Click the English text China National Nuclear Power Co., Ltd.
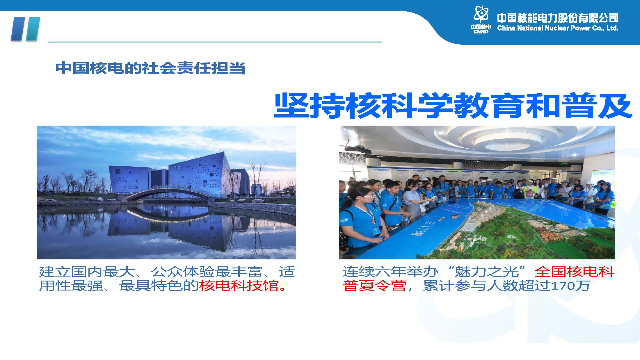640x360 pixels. click(558, 28)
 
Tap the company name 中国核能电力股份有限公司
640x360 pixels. click(558, 18)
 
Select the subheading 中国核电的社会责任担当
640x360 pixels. click(150, 68)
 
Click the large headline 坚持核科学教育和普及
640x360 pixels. click(453, 105)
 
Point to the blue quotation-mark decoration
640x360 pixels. click(25, 29)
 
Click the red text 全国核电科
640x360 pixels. click(575, 272)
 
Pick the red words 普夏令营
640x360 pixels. click(375, 286)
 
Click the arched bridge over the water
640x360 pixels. click(172, 192)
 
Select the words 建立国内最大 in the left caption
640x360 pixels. click(87, 272)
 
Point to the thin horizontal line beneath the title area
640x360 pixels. click(215, 42)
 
